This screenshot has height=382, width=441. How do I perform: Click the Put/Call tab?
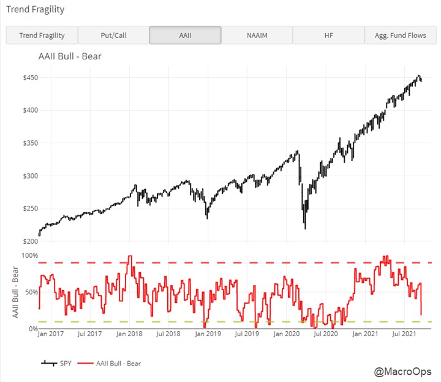pos(113,36)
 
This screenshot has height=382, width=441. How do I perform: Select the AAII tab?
pos(185,36)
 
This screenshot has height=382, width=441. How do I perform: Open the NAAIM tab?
pos(257,36)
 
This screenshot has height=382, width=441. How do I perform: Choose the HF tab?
pos(328,36)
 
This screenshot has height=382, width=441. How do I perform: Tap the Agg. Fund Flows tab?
pos(400,36)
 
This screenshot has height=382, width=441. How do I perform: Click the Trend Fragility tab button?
pos(42,36)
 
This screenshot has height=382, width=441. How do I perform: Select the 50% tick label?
pos(32,292)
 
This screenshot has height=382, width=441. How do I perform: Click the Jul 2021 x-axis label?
pos(404,334)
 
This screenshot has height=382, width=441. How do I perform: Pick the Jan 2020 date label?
pos(287,334)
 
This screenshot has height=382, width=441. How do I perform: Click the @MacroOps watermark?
pos(402,372)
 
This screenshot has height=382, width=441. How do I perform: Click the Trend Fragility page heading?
pos(34,10)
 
